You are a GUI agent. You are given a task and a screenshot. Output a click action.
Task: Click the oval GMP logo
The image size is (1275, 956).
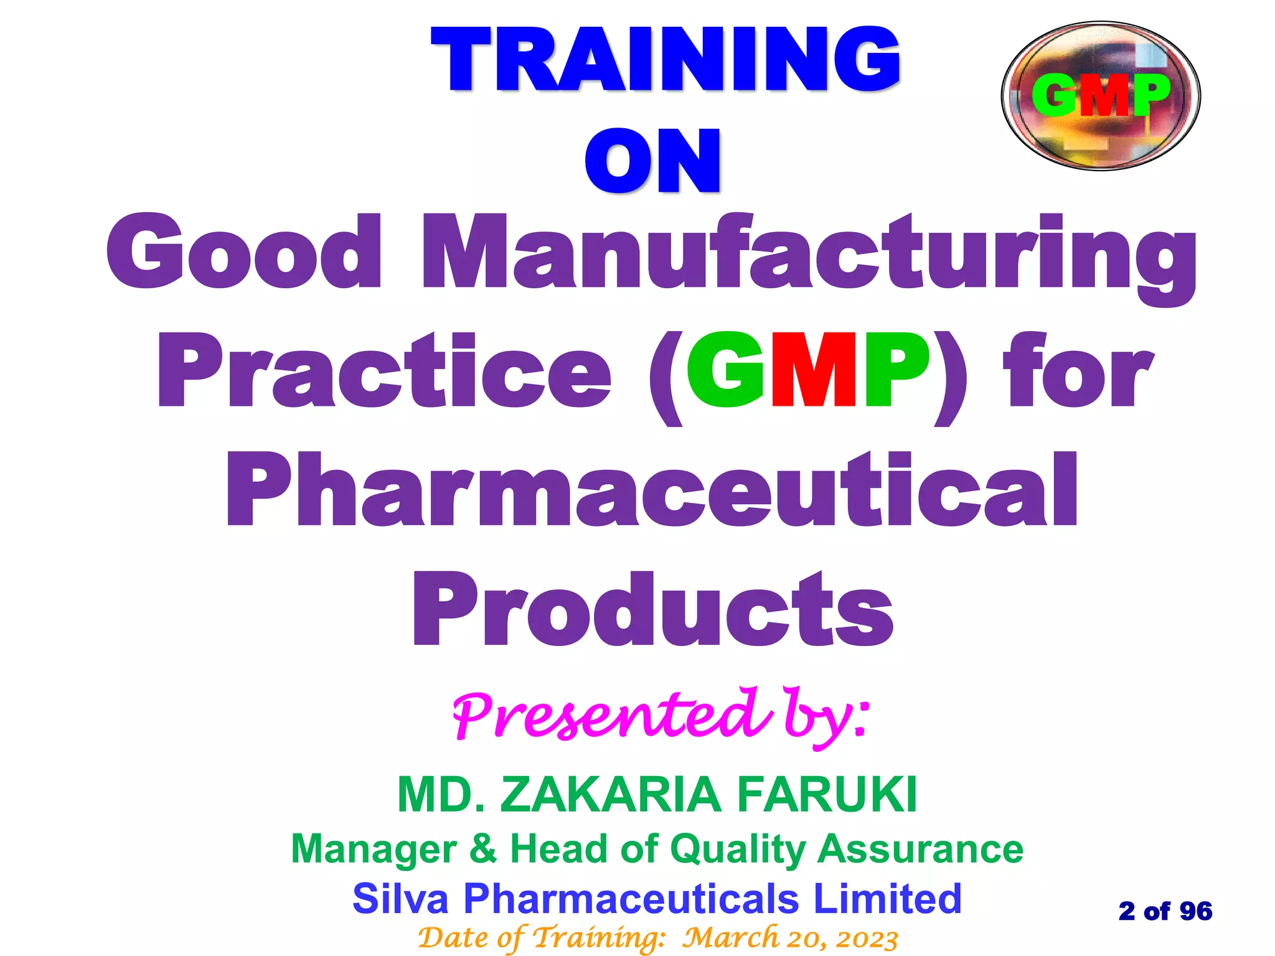(x=1100, y=96)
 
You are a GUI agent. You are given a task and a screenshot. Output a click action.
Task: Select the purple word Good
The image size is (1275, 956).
(x=244, y=252)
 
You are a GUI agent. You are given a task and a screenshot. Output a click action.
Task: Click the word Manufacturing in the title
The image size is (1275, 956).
(x=808, y=255)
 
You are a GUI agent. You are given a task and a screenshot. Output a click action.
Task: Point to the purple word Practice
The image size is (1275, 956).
(x=383, y=372)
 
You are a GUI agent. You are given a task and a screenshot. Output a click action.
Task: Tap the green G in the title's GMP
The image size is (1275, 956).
(x=726, y=372)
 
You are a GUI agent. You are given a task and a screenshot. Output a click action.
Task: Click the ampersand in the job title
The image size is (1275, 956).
(x=483, y=848)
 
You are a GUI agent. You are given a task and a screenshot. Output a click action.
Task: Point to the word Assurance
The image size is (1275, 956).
(x=920, y=848)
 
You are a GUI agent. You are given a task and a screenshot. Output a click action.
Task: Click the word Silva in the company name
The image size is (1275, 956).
(x=400, y=898)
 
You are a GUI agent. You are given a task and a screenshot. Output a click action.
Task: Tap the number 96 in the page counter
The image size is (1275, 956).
(x=1195, y=911)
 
